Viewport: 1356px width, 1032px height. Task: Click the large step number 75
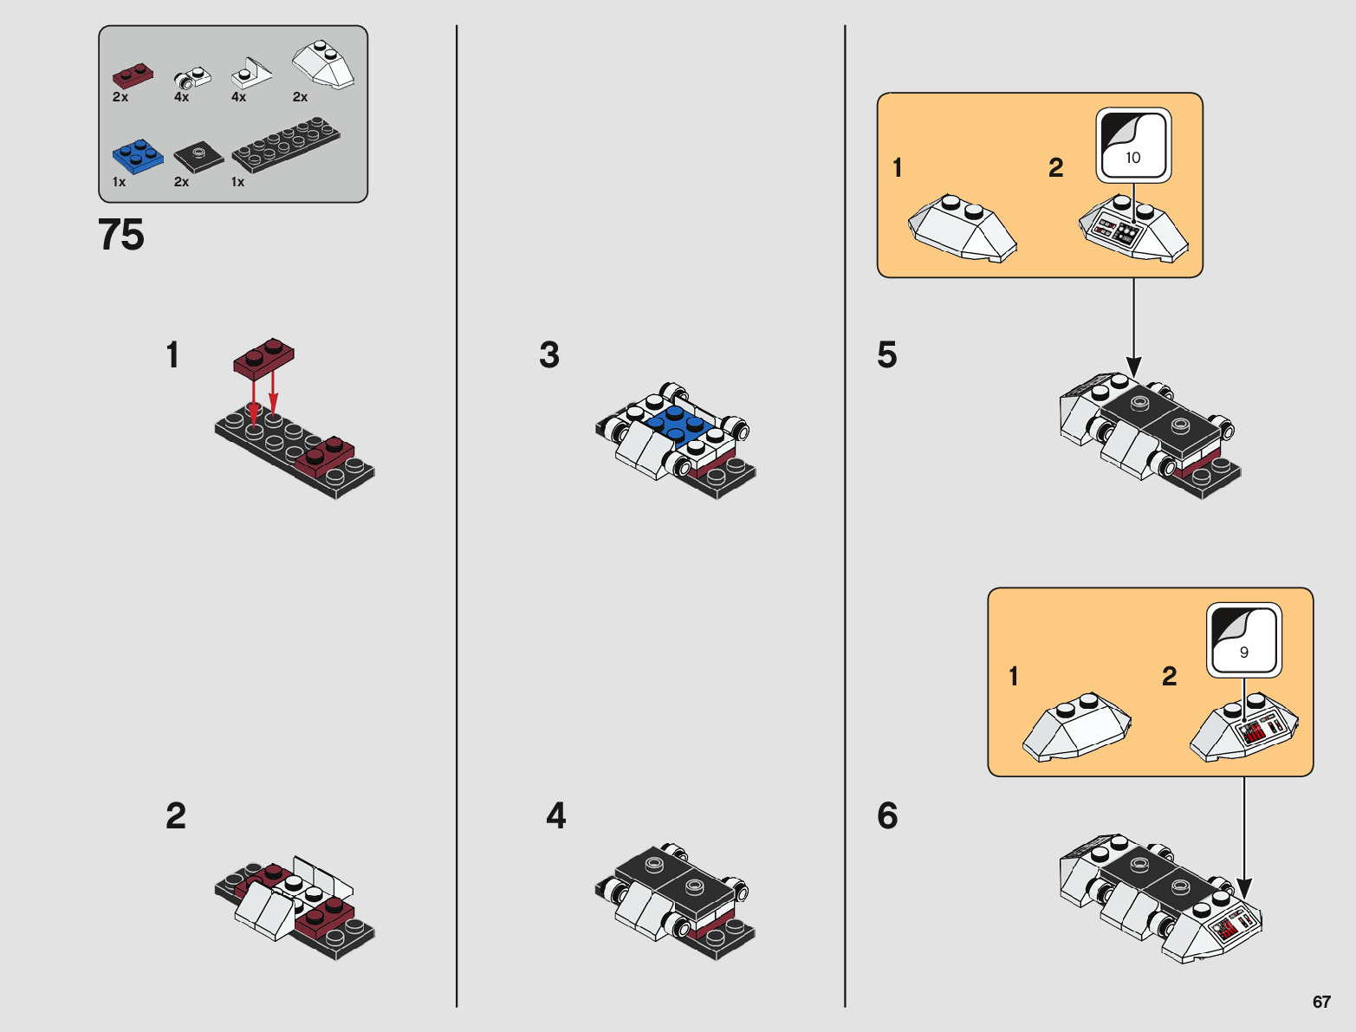pos(121,235)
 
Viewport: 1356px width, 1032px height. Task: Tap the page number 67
pos(1321,1002)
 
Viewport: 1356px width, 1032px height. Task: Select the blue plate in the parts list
pos(138,156)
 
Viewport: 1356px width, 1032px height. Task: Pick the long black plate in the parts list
pos(286,147)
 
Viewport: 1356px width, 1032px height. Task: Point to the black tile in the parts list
pos(198,157)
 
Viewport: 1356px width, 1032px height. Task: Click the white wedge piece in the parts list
pos(323,64)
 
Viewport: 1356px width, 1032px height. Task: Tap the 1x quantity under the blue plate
pos(119,182)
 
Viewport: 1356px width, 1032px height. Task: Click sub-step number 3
pos(549,355)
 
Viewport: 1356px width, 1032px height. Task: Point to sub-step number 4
pos(556,815)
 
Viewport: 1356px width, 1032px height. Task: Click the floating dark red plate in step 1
pos(263,358)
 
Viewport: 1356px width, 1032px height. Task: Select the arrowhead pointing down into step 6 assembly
pos(1244,888)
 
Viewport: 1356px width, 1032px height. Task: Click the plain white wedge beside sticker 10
pos(962,227)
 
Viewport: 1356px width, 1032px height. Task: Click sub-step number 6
pos(887,815)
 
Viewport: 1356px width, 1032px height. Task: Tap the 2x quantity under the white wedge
pos(300,97)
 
